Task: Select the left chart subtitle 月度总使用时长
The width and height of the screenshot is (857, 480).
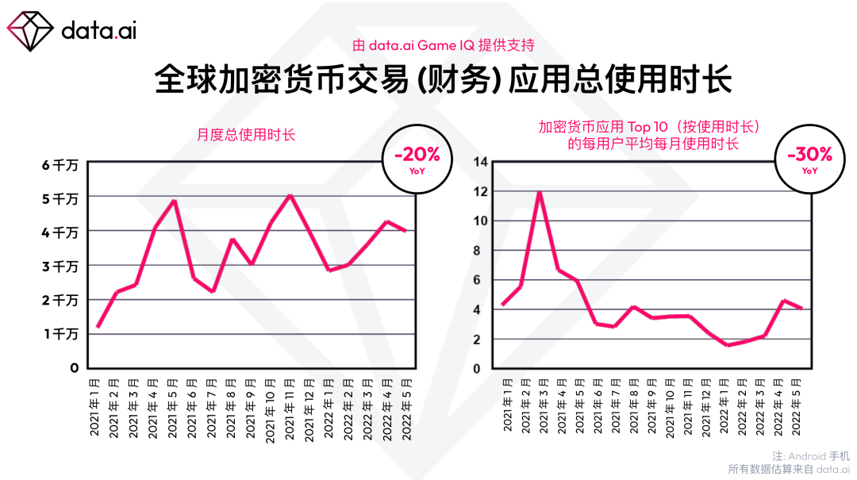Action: (246, 135)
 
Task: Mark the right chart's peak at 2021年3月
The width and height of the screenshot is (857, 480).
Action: (540, 192)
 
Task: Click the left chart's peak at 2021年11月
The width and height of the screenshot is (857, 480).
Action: (290, 196)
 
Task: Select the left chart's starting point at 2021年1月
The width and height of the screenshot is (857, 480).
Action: (98, 326)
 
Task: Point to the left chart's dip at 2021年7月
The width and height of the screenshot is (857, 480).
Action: (213, 291)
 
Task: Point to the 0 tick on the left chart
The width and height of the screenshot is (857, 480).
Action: (75, 368)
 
